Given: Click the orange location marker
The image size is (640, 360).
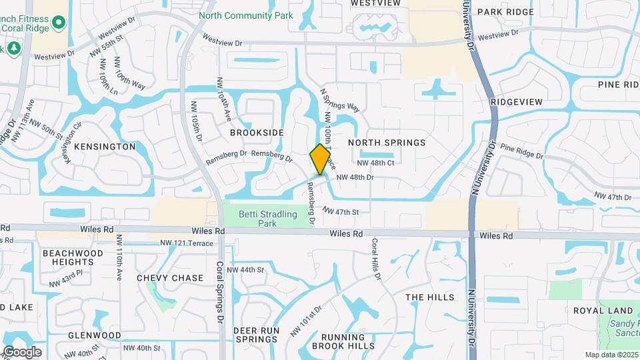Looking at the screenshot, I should point(320,159).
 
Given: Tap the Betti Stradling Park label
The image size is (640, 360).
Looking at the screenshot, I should point(268,219).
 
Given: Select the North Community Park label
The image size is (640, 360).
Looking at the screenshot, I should point(246,15).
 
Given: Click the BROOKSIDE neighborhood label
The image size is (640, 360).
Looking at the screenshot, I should point(257,133).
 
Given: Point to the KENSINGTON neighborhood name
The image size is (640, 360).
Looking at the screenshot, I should point(105,146).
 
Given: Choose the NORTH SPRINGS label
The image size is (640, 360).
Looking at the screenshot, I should point(387,143).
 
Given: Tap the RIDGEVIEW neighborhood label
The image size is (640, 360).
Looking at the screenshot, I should point(516,101).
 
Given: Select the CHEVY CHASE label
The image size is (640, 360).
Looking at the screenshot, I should point(170,277).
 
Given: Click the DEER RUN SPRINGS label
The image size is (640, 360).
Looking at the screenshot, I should point(255,335).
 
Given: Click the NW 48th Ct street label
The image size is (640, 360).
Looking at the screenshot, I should point(376,163).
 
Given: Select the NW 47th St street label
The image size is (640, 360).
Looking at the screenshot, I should point(341,212).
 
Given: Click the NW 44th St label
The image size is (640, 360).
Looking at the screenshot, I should point(245,270).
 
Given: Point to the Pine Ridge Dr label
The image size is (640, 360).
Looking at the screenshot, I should point(521,151).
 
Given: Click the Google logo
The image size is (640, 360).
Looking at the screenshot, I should point(22,351).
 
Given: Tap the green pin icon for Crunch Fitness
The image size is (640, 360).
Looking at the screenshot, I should point(59,24).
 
